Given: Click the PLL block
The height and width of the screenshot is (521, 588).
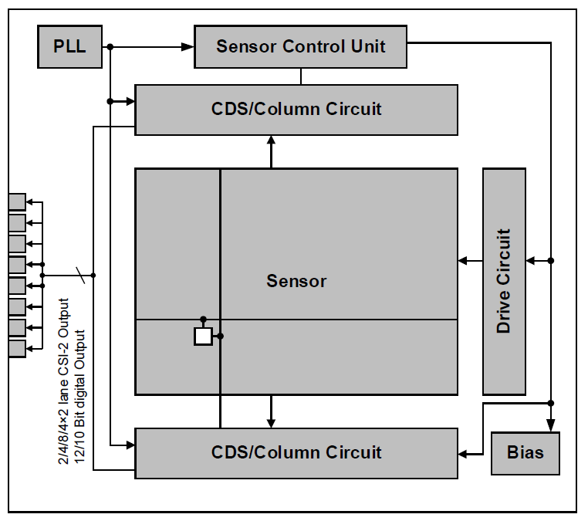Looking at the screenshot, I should (x=69, y=46).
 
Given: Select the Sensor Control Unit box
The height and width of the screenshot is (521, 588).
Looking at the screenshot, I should (x=301, y=46).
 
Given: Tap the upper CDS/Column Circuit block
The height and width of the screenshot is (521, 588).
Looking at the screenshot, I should (x=296, y=109).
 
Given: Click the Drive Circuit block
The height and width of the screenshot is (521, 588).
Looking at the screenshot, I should (x=504, y=281).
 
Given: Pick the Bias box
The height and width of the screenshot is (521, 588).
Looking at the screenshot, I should (x=525, y=452).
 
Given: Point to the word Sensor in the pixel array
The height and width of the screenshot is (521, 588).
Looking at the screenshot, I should (x=296, y=281).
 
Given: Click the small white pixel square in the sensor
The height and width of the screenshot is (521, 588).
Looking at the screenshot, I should (x=203, y=337).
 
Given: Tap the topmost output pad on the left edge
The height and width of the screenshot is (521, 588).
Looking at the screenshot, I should (x=16, y=202).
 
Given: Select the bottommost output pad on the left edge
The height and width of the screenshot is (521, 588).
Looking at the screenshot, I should (x=16, y=348).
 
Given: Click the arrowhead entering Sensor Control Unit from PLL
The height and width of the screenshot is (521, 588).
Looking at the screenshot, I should (x=188, y=47).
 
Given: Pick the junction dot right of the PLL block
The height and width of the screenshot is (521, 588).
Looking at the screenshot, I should (x=110, y=47).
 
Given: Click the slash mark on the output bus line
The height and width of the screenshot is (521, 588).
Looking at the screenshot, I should (x=79, y=275).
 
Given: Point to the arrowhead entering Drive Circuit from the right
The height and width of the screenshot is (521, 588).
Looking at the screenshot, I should (x=532, y=261).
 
